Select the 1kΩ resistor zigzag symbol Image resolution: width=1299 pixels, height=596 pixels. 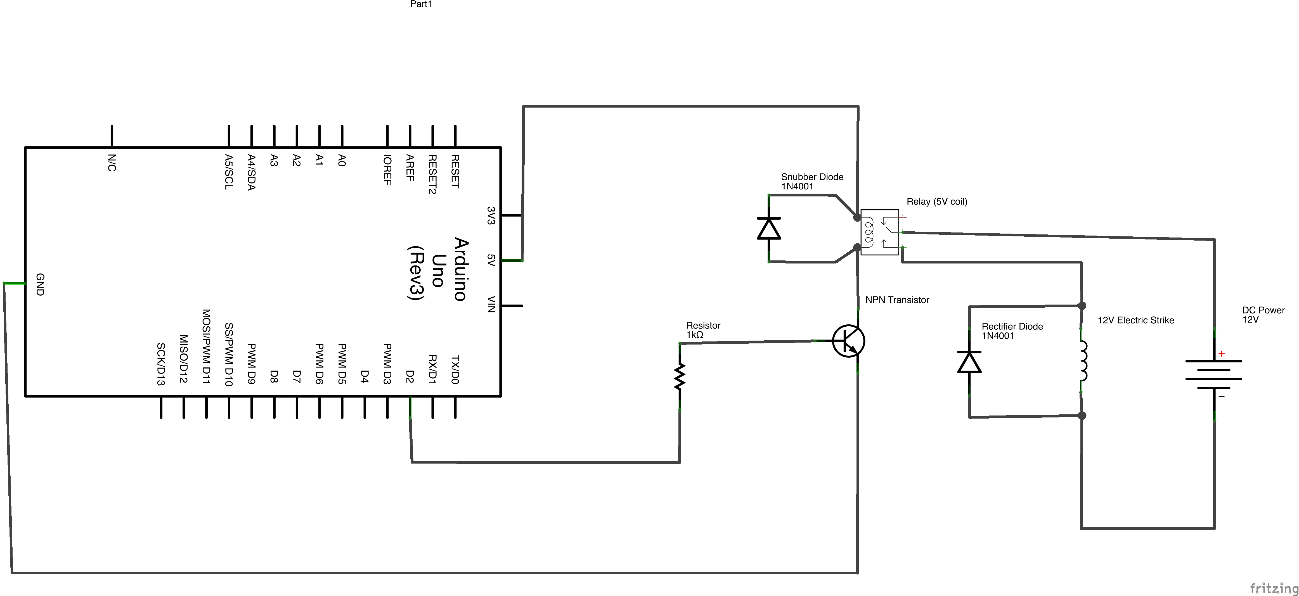(x=680, y=376)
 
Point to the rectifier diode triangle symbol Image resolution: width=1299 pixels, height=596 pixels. (x=969, y=362)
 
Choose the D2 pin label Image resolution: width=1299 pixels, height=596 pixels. (x=410, y=377)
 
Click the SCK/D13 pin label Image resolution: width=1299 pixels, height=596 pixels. (x=161, y=364)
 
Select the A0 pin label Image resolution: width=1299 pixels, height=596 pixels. (x=342, y=160)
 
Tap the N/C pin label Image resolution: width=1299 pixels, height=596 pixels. (x=112, y=163)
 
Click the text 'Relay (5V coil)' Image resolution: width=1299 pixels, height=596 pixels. (x=936, y=202)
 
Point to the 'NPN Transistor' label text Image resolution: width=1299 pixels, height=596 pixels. (x=897, y=300)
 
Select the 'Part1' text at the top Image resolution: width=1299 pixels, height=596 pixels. (x=421, y=4)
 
